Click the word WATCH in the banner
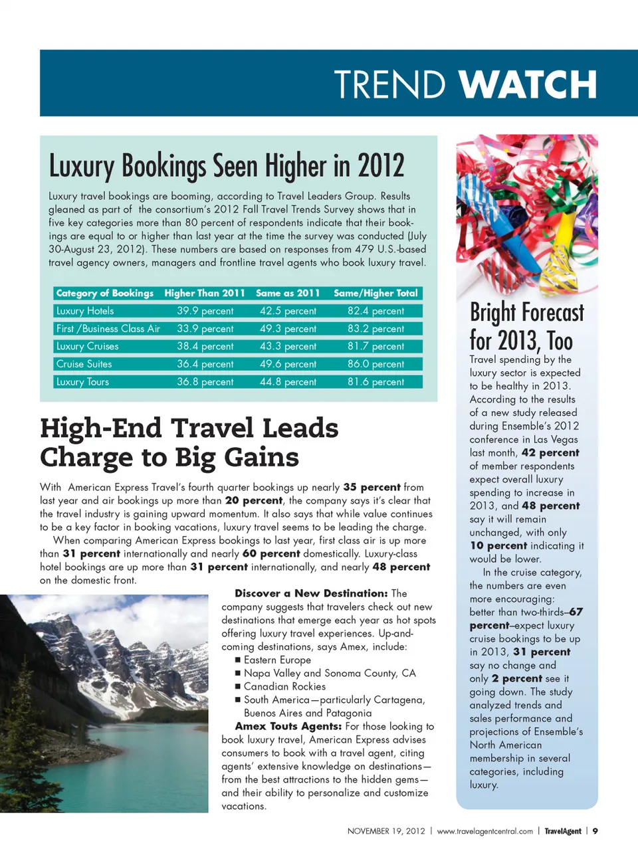click(x=528, y=85)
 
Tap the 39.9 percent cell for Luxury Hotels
click(x=205, y=311)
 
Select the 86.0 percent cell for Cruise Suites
click(x=375, y=364)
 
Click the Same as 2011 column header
click(x=288, y=293)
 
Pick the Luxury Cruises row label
click(x=88, y=346)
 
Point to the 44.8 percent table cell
click(x=288, y=382)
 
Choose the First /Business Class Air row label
click(x=108, y=329)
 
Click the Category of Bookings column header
click(x=105, y=293)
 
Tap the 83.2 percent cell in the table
click(x=375, y=329)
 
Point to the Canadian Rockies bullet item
click(x=284, y=686)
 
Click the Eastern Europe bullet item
click(x=277, y=660)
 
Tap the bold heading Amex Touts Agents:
click(x=288, y=726)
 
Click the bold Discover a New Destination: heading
click(x=311, y=593)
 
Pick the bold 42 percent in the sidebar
click(x=550, y=452)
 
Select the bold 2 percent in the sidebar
click(x=516, y=678)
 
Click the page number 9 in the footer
click(x=595, y=831)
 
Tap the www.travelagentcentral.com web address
click(x=485, y=831)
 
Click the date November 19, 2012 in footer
click(x=386, y=831)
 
